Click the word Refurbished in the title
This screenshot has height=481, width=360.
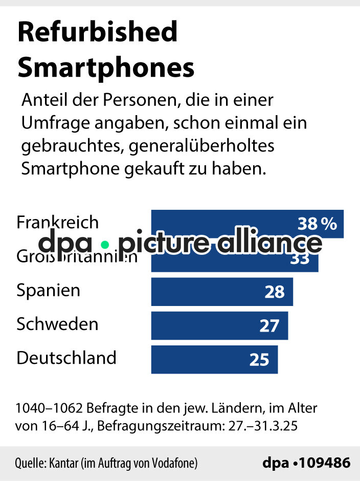click(97, 33)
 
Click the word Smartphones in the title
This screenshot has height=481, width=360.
click(106, 67)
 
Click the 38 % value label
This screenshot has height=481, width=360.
click(317, 224)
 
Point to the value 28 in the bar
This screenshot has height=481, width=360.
click(275, 292)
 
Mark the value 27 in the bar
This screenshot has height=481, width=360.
click(269, 326)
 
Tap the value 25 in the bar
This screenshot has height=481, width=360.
click(259, 360)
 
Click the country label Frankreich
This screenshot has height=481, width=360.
click(57, 223)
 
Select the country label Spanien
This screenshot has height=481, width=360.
click(49, 291)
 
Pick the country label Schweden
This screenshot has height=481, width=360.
click(57, 324)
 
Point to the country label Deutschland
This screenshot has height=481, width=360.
click(66, 358)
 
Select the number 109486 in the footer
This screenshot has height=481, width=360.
click(325, 463)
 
